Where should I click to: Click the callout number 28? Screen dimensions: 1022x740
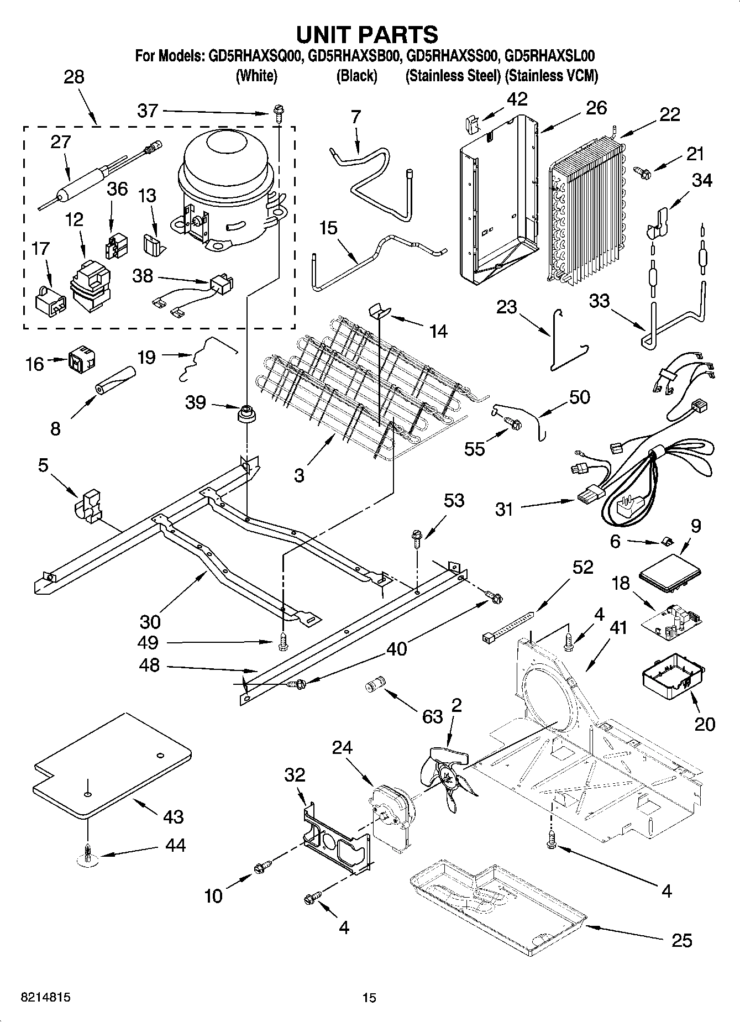(74, 76)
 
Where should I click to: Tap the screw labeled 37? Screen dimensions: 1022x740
(277, 113)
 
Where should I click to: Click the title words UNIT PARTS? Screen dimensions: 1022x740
(367, 34)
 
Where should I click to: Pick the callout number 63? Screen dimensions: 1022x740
(432, 716)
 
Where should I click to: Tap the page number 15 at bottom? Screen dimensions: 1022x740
(369, 998)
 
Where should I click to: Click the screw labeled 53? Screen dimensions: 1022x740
(417, 538)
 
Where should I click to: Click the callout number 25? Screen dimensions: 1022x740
(681, 940)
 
